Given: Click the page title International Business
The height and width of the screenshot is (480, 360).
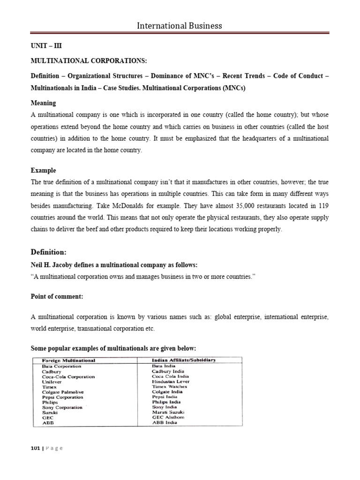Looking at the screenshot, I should (180, 25).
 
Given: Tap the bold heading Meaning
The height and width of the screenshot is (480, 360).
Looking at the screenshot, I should (43, 103).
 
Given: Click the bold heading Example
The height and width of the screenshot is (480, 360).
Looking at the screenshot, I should (43, 170).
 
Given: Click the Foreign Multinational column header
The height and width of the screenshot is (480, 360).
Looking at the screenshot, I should (68, 360).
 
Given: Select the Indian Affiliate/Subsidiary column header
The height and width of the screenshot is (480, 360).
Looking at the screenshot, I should (184, 360).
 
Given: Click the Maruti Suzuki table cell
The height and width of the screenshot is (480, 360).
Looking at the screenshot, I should (170, 412).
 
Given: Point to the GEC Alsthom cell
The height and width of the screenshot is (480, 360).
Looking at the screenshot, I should (169, 417).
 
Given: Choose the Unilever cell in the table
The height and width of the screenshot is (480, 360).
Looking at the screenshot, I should (52, 382).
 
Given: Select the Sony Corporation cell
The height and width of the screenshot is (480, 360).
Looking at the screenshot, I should (62, 407).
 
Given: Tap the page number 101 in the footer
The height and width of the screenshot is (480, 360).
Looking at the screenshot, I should (35, 448).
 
